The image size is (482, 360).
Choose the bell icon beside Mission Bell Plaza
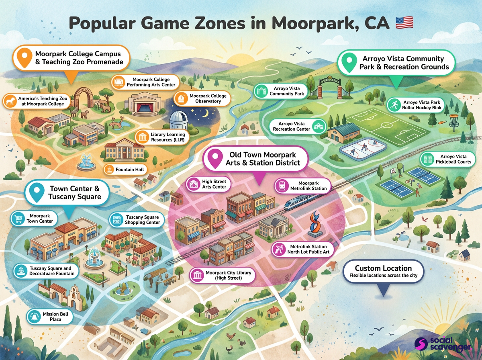tap(33, 317)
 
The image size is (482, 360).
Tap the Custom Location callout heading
tap(383, 268)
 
